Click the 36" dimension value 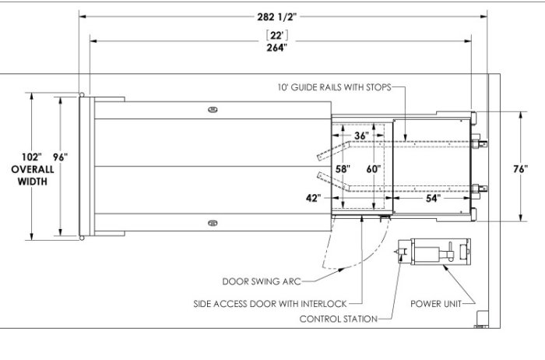[x=361, y=136]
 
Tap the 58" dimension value [x=343, y=168]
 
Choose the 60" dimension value [x=374, y=168]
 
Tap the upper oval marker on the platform [x=213, y=110]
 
